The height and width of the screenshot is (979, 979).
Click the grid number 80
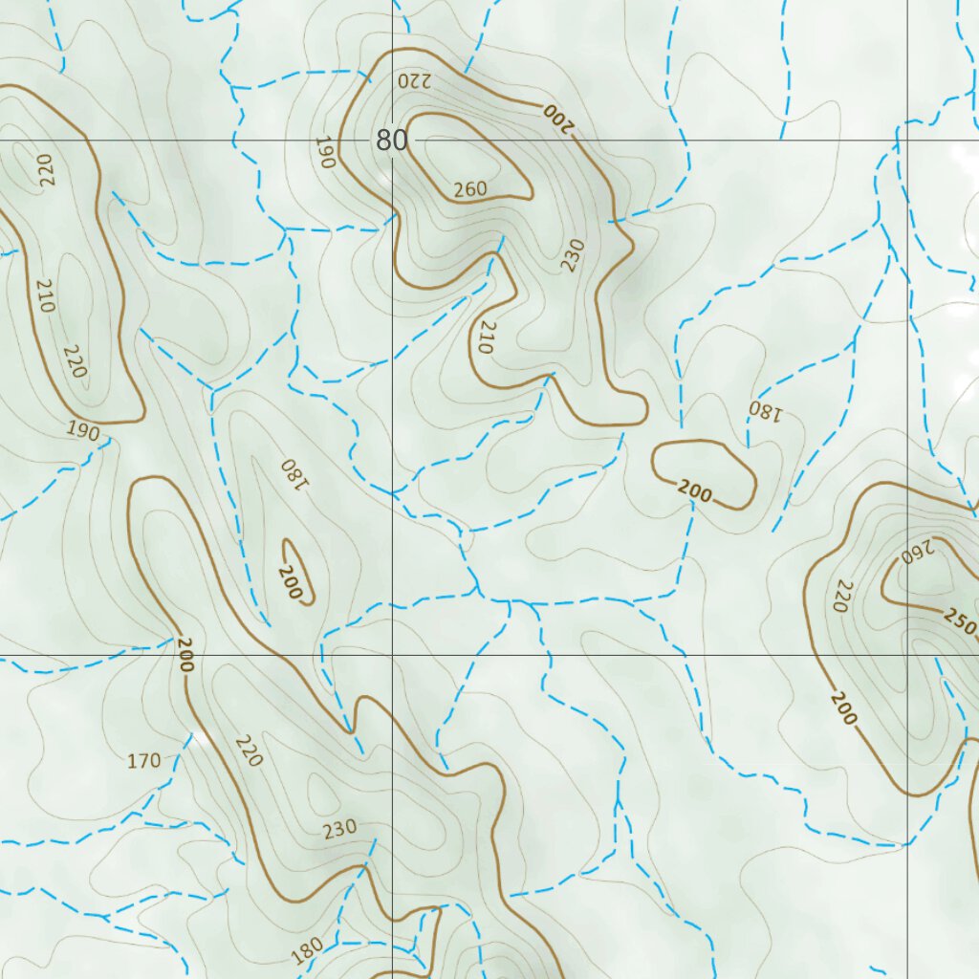pos(391,141)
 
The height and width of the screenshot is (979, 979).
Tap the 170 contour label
pos(143,761)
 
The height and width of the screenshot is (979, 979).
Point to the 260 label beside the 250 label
pos(916,553)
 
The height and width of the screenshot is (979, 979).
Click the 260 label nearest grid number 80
pos(470,189)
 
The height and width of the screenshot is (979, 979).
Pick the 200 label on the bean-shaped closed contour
pos(695,492)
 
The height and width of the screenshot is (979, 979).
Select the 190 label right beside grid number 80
pos(323,153)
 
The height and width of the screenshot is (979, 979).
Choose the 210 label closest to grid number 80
pos(483,337)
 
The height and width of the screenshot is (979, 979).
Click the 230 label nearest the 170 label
pos(339,828)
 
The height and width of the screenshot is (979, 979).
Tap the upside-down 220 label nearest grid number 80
pos(415,80)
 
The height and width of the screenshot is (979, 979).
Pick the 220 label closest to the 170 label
pos(247,751)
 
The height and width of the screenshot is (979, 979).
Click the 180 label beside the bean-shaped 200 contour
pos(765,411)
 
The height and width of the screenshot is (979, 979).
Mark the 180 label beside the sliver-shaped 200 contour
pos(293,472)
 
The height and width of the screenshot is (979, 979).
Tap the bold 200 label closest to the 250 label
pos(843,707)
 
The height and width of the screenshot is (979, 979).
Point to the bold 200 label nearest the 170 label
pos(185,655)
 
